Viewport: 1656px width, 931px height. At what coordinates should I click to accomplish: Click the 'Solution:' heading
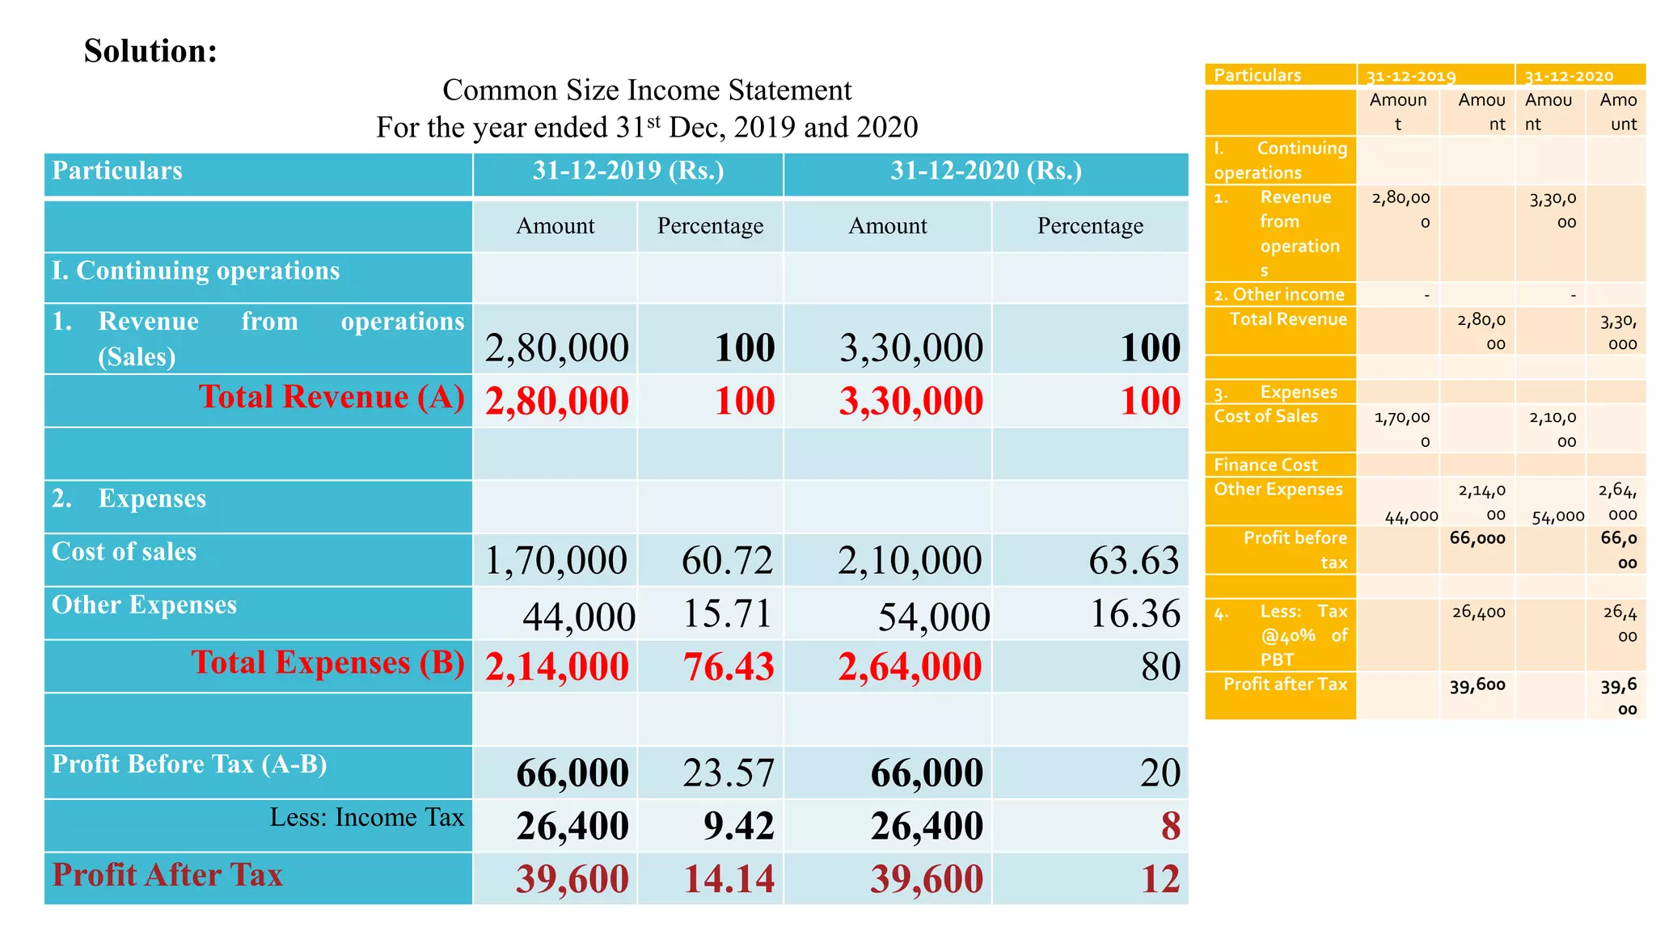(x=150, y=51)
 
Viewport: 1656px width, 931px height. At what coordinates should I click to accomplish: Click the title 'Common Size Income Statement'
(x=646, y=90)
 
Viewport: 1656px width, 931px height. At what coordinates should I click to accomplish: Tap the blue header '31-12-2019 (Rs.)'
(x=627, y=171)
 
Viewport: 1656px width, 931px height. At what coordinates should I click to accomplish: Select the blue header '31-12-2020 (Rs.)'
(x=986, y=171)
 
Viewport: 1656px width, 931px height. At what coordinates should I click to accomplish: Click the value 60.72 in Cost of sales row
(x=727, y=560)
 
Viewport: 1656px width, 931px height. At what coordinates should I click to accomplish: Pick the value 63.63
(x=1134, y=560)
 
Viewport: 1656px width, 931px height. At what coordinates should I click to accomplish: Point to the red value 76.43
(x=728, y=667)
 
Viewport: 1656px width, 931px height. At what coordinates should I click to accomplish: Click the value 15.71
(x=727, y=613)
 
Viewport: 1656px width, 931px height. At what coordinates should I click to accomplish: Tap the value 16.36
(x=1134, y=613)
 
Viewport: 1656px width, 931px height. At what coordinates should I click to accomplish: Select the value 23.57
(x=728, y=773)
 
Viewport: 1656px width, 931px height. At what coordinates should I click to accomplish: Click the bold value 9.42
(x=738, y=826)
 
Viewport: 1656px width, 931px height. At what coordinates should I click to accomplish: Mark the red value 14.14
(x=729, y=879)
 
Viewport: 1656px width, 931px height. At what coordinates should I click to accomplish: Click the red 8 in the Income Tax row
(x=1170, y=826)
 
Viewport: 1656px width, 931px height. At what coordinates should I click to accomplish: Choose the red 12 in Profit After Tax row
(x=1160, y=879)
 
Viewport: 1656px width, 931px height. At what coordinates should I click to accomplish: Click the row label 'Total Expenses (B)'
(x=327, y=663)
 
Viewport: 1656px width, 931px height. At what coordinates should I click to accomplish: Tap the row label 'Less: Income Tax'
(x=366, y=817)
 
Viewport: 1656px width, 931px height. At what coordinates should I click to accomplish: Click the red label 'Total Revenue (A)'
(x=332, y=397)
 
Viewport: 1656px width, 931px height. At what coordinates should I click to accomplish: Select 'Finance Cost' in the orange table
(x=1265, y=465)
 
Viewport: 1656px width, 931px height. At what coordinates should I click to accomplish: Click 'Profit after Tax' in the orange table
(x=1285, y=684)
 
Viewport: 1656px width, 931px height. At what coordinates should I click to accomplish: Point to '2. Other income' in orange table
(x=1278, y=294)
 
